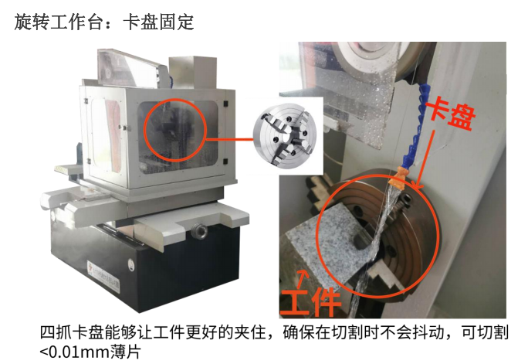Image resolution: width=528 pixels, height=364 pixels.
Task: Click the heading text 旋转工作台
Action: [58, 22]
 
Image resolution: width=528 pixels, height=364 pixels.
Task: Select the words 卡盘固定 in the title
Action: [158, 22]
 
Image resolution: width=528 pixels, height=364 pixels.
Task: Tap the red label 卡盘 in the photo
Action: [451, 113]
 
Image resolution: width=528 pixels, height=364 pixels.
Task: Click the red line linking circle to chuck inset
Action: [229, 138]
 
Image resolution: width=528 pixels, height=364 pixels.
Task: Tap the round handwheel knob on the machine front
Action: [198, 232]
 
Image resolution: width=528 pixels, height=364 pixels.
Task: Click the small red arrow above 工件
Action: [303, 280]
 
